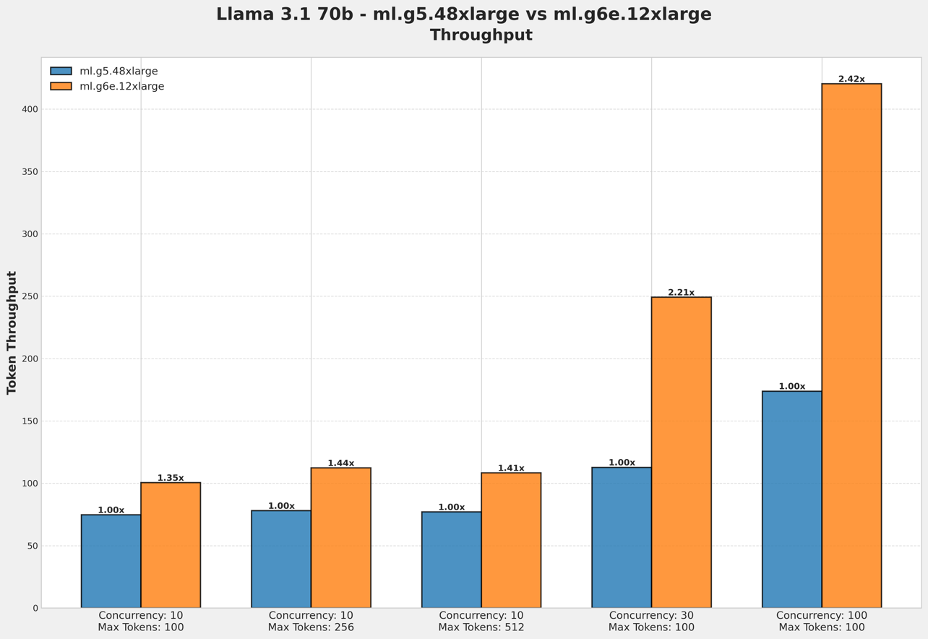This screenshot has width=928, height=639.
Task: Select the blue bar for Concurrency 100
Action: coord(791,499)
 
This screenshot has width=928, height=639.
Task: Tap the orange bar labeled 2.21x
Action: coord(681,452)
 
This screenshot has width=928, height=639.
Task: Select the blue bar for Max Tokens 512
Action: coord(451,559)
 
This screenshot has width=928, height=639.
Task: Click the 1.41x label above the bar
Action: coord(511,468)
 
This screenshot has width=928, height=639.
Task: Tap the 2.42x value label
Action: coord(851,80)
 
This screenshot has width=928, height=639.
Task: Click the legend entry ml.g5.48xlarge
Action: coord(119,72)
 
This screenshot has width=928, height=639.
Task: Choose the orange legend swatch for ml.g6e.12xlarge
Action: coord(61,87)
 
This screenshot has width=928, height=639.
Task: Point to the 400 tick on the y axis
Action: coord(30,109)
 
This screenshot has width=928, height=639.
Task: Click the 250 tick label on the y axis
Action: coord(30,296)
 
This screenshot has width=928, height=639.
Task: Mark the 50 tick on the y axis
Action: coord(32,546)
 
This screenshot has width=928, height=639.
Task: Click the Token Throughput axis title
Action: coord(12,333)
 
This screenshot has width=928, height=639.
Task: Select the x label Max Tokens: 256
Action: coord(311,627)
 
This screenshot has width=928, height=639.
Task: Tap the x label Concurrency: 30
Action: coord(651,616)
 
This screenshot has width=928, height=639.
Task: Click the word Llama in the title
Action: coord(246,14)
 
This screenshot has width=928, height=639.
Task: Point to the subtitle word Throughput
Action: coord(481,35)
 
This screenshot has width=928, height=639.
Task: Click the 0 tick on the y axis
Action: coord(35,608)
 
